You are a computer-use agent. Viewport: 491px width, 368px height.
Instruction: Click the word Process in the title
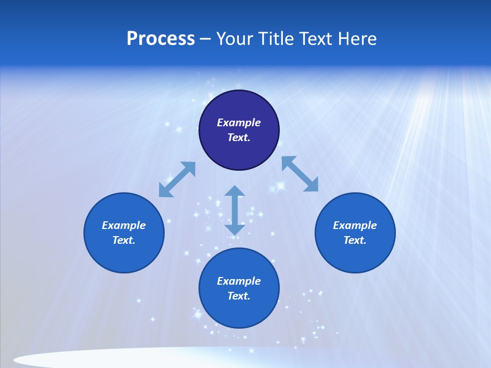point(161,39)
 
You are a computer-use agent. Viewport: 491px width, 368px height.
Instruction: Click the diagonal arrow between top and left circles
point(177,179)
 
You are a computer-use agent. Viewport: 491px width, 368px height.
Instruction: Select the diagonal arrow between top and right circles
point(300,174)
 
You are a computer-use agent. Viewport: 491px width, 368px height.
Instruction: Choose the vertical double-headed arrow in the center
point(235,210)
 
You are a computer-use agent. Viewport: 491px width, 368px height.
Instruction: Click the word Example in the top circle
point(239,123)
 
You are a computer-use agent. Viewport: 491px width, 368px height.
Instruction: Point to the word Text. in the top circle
point(239,137)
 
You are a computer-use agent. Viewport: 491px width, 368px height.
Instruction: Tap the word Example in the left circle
point(124,225)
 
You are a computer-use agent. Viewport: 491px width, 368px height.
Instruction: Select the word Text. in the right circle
point(355,240)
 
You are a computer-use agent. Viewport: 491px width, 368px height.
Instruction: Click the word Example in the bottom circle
point(239,281)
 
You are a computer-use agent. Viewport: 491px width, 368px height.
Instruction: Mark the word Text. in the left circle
point(124,240)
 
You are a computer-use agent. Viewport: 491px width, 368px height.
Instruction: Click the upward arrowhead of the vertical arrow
point(235,191)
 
